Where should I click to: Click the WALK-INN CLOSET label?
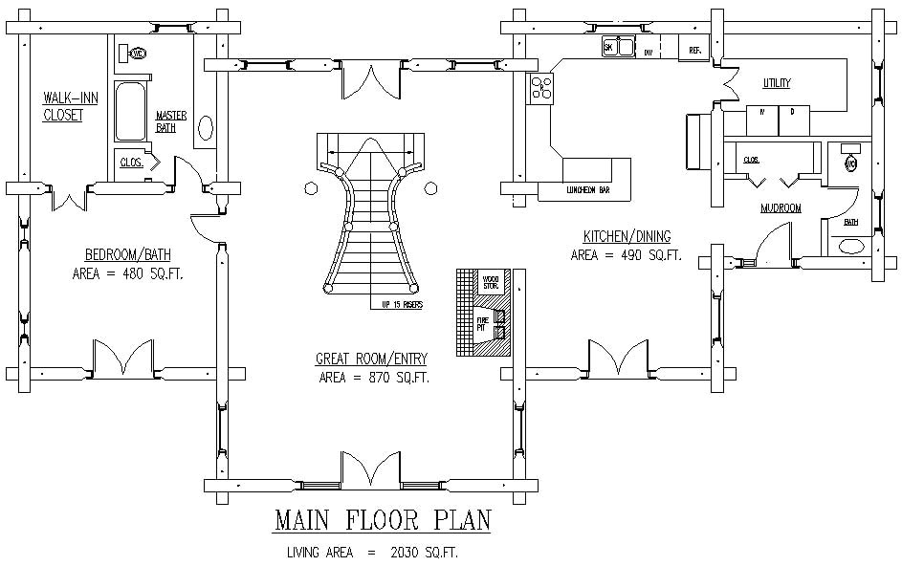point(63,105)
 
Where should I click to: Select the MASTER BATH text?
point(171,121)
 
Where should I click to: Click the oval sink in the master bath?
point(205,131)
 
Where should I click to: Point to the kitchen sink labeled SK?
point(619,47)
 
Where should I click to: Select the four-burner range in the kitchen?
point(542,88)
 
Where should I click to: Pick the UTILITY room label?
point(776,83)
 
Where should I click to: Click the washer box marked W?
point(762,112)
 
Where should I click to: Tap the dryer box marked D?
point(792,112)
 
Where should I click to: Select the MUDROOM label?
point(781,207)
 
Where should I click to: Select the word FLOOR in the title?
point(380,520)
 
